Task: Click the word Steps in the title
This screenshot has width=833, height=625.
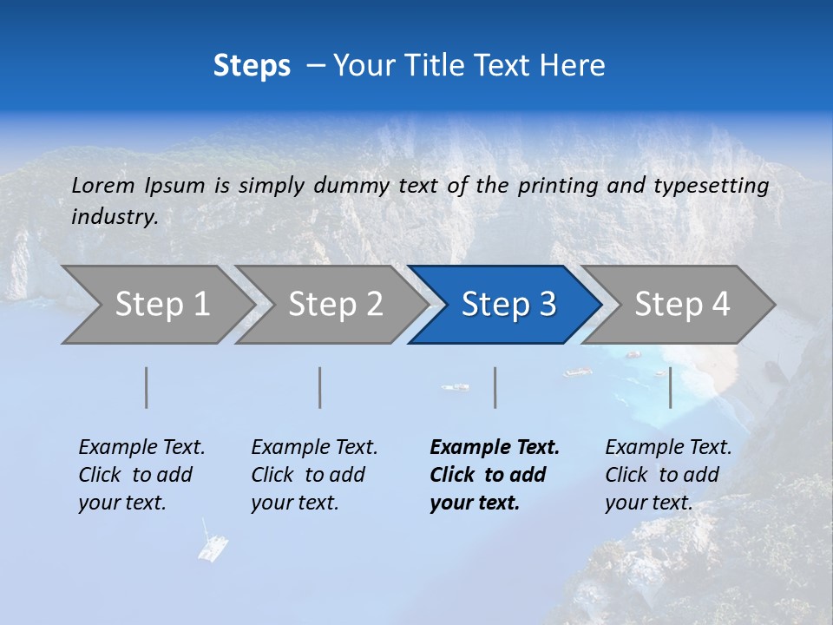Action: pyautogui.click(x=252, y=66)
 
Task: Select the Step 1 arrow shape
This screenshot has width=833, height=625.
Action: pyautogui.click(x=156, y=305)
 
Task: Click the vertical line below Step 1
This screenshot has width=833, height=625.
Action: pyautogui.click(x=147, y=388)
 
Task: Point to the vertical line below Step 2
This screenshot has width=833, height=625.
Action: pyautogui.click(x=320, y=388)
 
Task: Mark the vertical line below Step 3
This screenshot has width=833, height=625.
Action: pyautogui.click(x=495, y=388)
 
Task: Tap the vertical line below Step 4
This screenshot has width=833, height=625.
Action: pyautogui.click(x=670, y=388)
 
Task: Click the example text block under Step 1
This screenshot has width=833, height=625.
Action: pyautogui.click(x=141, y=475)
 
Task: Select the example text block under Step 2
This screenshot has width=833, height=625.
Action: pyautogui.click(x=314, y=475)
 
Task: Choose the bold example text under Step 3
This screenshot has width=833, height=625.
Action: pyautogui.click(x=495, y=475)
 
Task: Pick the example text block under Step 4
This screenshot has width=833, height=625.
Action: pyautogui.click(x=668, y=475)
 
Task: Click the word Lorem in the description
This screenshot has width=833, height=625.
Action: pyautogui.click(x=103, y=185)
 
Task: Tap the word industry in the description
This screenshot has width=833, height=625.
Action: pyautogui.click(x=115, y=217)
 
